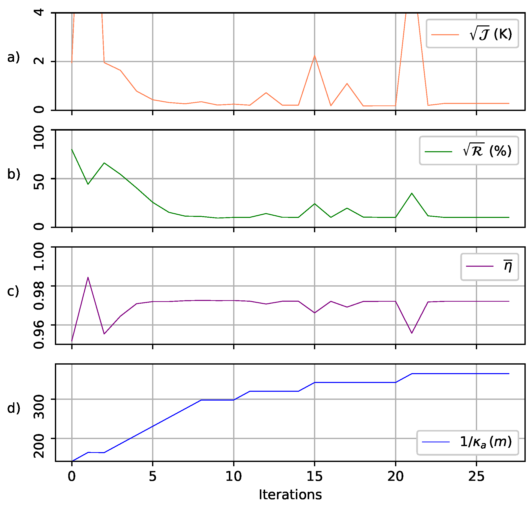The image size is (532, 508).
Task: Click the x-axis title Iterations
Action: [290, 495]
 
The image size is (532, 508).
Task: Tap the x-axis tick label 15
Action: [314, 476]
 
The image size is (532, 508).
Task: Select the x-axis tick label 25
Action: [476, 476]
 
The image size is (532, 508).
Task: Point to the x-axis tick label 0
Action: [72, 476]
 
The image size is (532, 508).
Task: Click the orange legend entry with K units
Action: [472, 34]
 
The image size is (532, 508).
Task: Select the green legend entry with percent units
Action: [469, 151]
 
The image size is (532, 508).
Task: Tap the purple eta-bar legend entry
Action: [489, 267]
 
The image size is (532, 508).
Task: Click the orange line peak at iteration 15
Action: [314, 56]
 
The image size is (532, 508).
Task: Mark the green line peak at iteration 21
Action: [412, 193]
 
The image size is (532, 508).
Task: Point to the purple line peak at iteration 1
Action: [88, 277]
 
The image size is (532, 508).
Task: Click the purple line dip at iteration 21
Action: [412, 333]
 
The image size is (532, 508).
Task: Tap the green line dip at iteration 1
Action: [88, 184]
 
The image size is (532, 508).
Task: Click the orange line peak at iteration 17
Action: [347, 83]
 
